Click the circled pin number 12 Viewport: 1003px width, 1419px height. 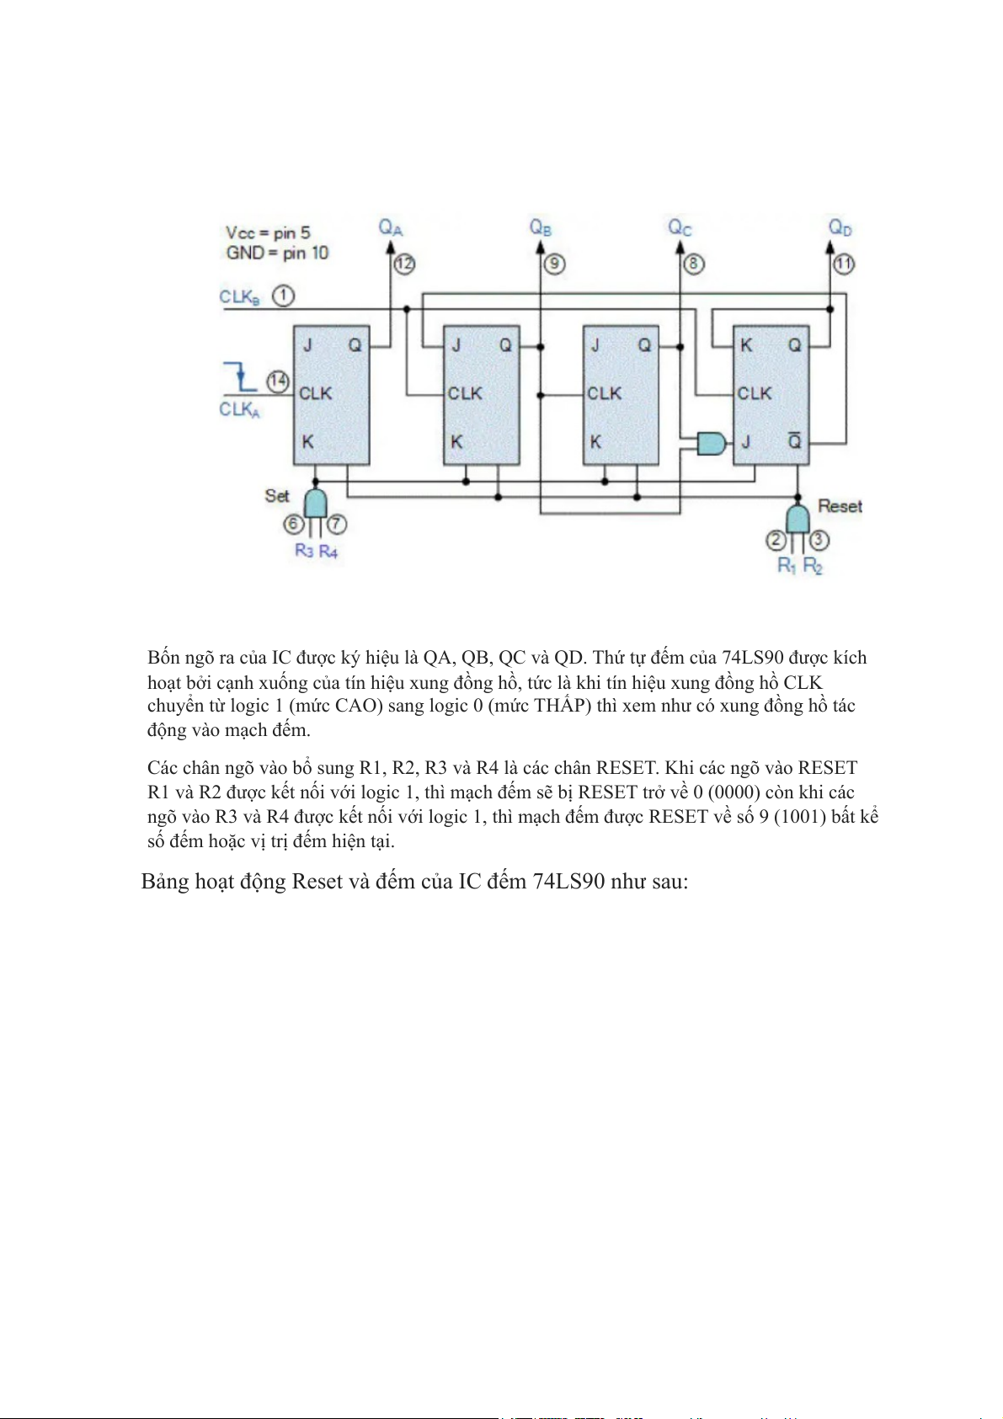(x=405, y=264)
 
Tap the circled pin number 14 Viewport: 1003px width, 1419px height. (x=278, y=381)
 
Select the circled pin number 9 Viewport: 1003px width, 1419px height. (x=554, y=264)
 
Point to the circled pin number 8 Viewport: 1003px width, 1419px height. (x=693, y=264)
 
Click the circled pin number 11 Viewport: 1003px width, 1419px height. (x=844, y=264)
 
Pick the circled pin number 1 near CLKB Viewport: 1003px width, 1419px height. (x=284, y=296)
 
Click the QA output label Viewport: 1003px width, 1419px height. (x=390, y=227)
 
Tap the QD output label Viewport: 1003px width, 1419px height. (x=840, y=227)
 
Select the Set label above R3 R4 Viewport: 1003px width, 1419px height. (x=277, y=495)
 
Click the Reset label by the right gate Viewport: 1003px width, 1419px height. (x=840, y=506)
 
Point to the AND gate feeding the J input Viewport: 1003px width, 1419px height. (x=711, y=442)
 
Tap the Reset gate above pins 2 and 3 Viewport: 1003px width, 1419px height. (x=797, y=517)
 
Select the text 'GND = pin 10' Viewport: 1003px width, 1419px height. (x=277, y=253)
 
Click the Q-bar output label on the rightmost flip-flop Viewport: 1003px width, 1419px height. (x=794, y=441)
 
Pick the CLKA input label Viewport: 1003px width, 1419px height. (x=239, y=409)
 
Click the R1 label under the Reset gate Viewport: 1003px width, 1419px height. (x=786, y=565)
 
